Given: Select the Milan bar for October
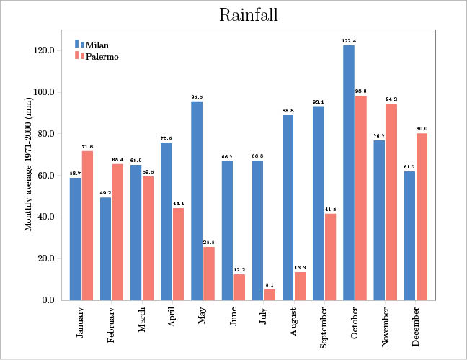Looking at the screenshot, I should tap(349, 173).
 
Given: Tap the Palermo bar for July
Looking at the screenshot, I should tap(270, 294).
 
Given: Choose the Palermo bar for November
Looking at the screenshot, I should tap(391, 202).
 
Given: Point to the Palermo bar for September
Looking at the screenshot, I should tap(331, 256).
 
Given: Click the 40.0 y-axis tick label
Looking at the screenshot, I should tap(45, 217).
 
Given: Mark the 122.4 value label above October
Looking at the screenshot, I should tap(349, 40).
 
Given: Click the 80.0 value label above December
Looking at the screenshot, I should tap(422, 129).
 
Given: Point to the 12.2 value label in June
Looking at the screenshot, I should tap(239, 270).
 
